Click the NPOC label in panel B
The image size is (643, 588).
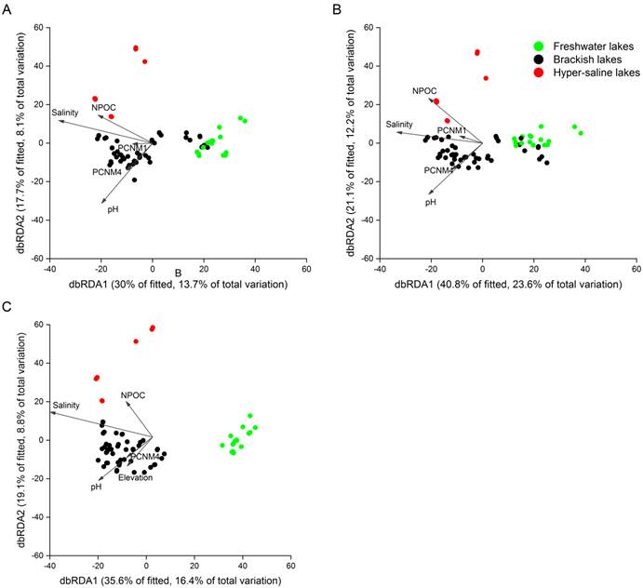(x=425, y=91)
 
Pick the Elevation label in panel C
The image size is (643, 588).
(x=135, y=477)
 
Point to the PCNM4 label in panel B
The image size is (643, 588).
(x=439, y=170)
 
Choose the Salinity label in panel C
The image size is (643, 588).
(x=67, y=405)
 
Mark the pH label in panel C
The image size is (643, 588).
(x=96, y=487)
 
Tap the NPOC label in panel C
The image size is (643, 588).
(x=132, y=396)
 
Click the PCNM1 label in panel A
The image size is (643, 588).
(x=132, y=147)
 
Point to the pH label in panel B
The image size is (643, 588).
(x=431, y=202)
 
